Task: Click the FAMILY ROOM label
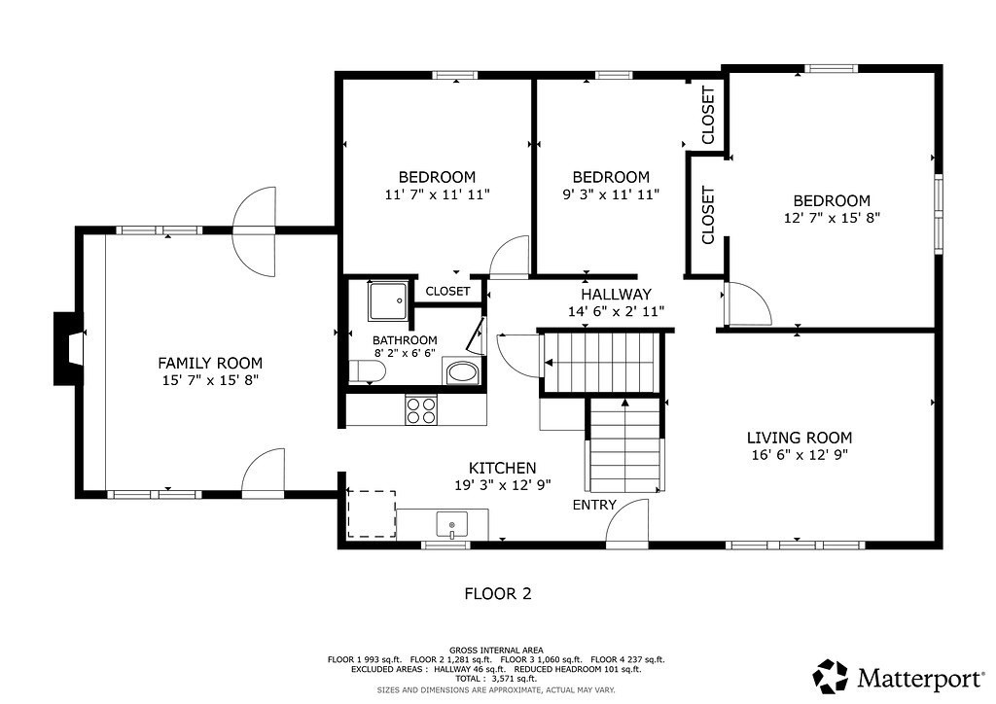point(208,363)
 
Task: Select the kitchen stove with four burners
point(421,410)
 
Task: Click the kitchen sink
point(452,526)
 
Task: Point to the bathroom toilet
point(363,371)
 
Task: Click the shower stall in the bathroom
point(388,301)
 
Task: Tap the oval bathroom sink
point(462,372)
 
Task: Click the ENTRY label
point(593,505)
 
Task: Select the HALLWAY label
point(616,295)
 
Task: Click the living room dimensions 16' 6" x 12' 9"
point(799,455)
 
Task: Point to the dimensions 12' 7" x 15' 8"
point(832,218)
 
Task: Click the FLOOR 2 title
point(497,593)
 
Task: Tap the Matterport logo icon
point(831,675)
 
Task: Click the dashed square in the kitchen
point(372,514)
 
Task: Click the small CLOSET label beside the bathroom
point(447,291)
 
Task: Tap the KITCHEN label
point(502,468)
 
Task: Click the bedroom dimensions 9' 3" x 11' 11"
point(611,194)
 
